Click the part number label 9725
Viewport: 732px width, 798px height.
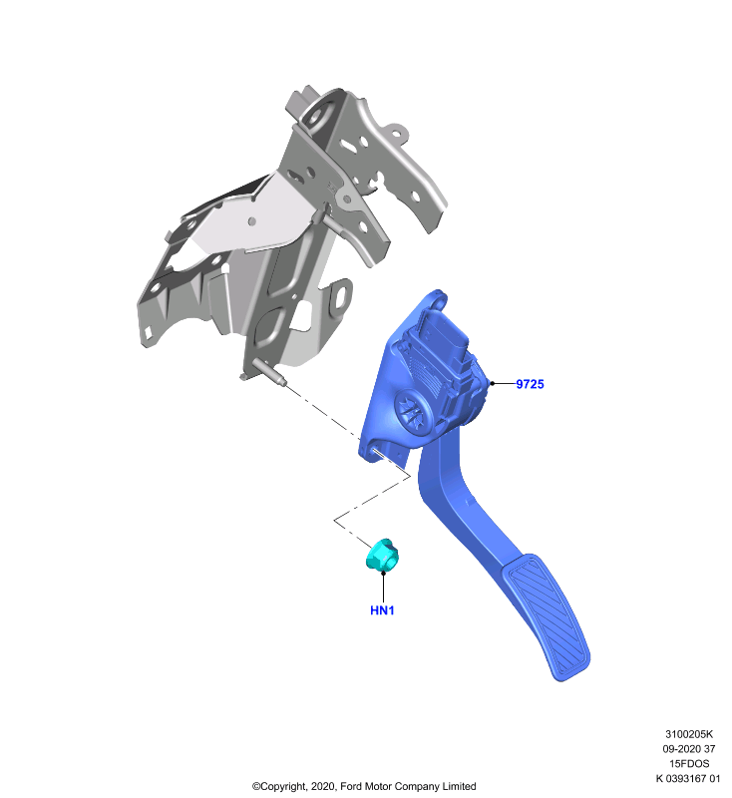(530, 384)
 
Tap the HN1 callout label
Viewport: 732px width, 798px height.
(382, 610)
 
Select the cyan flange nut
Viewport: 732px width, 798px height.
(382, 555)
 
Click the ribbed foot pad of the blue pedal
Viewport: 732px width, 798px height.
(546, 616)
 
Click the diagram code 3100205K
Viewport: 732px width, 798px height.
(689, 734)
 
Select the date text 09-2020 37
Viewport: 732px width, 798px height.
(689, 749)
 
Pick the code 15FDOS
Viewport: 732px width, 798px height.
(689, 763)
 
